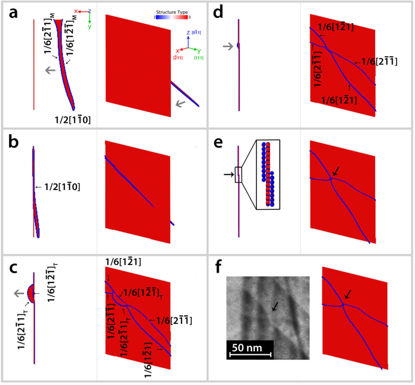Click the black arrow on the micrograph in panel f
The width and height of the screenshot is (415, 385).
coord(275,306)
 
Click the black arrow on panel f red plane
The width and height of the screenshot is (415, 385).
coord(349,294)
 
